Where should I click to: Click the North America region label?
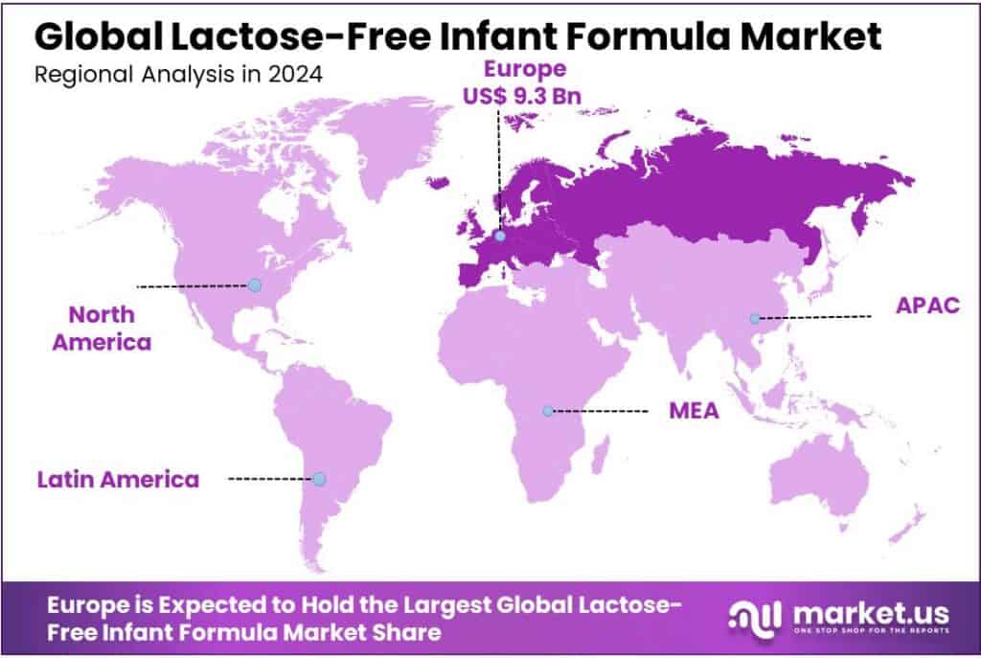coord(102,328)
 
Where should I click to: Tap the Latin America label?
coord(118,479)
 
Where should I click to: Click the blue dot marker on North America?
coord(254,284)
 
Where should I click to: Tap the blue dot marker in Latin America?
coord(319,478)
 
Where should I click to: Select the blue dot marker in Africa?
coord(547,411)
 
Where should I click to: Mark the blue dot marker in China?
coord(755,318)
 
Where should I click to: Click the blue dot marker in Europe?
coord(498,232)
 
